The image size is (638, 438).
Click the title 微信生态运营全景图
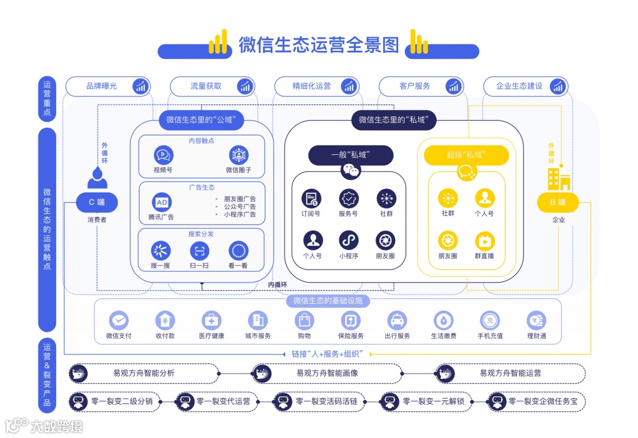coord(318,45)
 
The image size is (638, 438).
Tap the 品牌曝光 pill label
coord(102,86)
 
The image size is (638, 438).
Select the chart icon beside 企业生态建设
coord(557,86)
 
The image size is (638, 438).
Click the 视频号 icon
coord(162,155)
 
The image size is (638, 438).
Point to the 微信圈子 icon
coord(239,155)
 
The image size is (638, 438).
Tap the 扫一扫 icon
coord(200,251)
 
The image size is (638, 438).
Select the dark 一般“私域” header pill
coord(350,155)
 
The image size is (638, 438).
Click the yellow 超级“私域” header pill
coord(466,155)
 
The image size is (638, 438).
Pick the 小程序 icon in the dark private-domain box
coord(349,241)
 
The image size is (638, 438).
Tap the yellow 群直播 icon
coord(484,241)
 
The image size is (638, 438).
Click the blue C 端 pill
coord(97,203)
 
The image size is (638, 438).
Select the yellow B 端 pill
coord(558,203)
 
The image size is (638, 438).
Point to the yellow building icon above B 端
coord(558,178)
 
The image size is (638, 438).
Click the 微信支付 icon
coord(119,321)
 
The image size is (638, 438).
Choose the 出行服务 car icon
coord(397,321)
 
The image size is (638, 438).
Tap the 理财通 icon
coord(536,321)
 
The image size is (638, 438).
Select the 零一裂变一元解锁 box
coord(425,402)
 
